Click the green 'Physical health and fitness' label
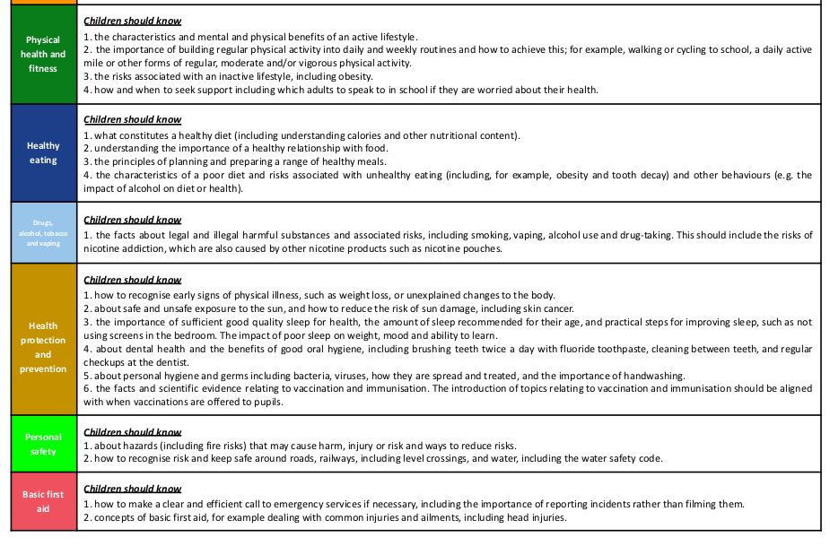click(x=43, y=54)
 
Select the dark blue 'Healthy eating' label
click(x=43, y=152)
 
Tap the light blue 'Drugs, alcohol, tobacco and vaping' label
click(x=43, y=231)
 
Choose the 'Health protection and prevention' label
click(x=43, y=348)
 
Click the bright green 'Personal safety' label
click(x=43, y=444)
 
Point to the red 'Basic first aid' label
click(x=43, y=501)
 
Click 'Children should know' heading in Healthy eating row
click(x=132, y=119)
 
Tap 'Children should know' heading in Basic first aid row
click(x=132, y=489)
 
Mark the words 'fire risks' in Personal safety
click(x=204, y=446)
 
